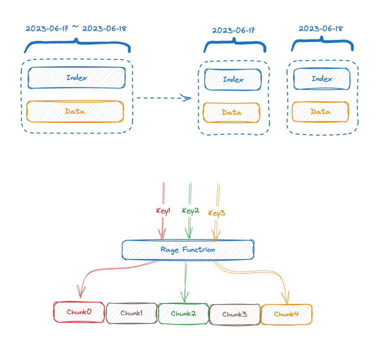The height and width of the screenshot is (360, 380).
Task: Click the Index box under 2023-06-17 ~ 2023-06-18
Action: pyautogui.click(x=76, y=77)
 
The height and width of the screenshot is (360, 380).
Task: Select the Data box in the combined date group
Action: pyautogui.click(x=75, y=111)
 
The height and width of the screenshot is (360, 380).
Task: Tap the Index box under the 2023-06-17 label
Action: pyautogui.click(x=233, y=79)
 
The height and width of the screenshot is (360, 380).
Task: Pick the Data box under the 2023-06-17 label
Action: pyautogui.click(x=231, y=112)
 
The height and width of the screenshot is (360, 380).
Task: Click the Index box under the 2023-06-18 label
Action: pyautogui.click(x=322, y=79)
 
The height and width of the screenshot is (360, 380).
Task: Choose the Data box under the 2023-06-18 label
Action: pyautogui.click(x=320, y=112)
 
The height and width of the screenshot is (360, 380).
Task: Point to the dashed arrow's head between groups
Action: pyautogui.click(x=187, y=98)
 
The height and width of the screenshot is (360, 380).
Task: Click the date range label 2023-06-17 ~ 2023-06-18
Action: pyautogui.click(x=76, y=28)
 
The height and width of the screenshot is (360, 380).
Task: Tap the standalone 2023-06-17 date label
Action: pyautogui.click(x=233, y=30)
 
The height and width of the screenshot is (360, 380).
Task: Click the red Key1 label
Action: pyautogui.click(x=163, y=211)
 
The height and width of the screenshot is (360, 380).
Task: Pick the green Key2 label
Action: pyautogui.click(x=191, y=211)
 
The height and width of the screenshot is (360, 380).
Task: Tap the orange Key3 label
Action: pyautogui.click(x=217, y=213)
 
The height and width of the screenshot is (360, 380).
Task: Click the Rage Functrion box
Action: pyautogui.click(x=188, y=249)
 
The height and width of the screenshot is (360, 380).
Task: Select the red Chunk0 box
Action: pyautogui.click(x=79, y=312)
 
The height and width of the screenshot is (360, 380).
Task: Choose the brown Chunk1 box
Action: pyautogui.click(x=131, y=313)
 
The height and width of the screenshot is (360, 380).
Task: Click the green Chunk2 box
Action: pyautogui.click(x=183, y=314)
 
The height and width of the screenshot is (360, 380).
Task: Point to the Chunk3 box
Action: pyautogui.click(x=235, y=314)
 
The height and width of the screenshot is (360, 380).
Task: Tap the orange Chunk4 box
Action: pyautogui.click(x=286, y=314)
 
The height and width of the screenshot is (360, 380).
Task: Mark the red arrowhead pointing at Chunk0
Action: pyautogui.click(x=79, y=293)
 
